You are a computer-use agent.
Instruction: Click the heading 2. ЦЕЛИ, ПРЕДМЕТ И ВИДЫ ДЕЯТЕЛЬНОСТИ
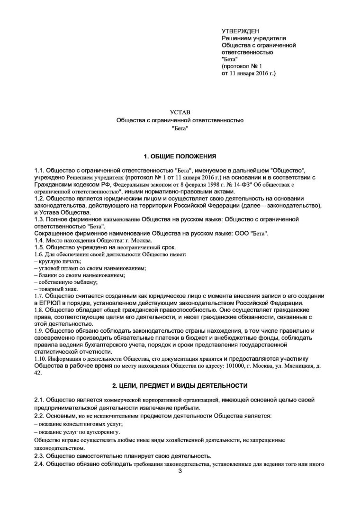point(180,386)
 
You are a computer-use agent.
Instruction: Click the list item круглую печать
point(60,261)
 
